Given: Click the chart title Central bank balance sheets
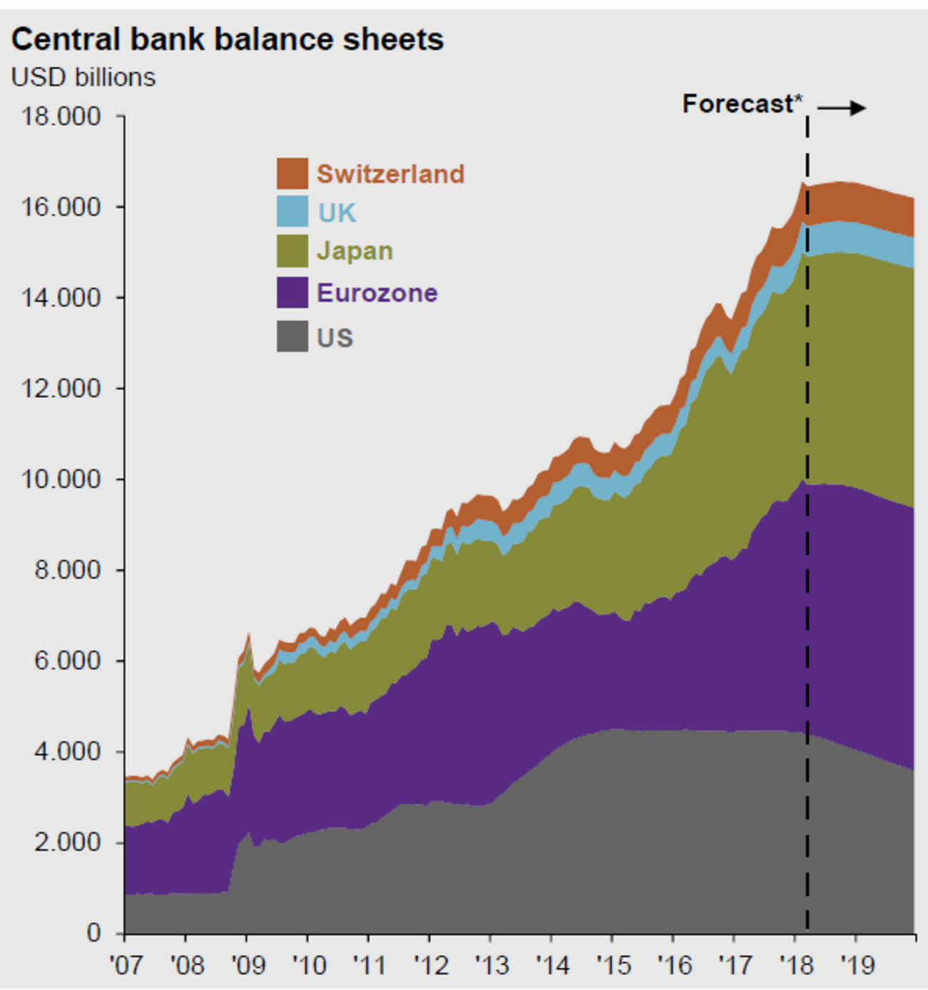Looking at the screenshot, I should coord(227,39).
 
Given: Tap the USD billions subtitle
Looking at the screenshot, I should coord(84,77).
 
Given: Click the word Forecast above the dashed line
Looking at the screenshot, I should coord(738,104).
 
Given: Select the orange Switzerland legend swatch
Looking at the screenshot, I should coord(292,173).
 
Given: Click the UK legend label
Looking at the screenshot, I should coord(336,213).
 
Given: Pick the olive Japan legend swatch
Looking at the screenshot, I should coord(292,251).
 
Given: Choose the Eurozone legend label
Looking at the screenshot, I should coord(377,293).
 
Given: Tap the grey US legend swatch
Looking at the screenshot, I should coord(292,337).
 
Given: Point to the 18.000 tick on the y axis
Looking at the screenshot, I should coord(61,116).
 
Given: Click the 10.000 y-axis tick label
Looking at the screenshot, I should coord(61,479).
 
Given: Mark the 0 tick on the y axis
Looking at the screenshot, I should coord(94,933).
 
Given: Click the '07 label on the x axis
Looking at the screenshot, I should coord(126,965).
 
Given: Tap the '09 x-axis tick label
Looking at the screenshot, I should coord(248,965).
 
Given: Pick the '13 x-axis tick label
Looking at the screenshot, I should coord(491,965).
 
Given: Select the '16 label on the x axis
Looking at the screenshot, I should coord(674,965).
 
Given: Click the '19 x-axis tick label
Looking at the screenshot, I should coord(857,965).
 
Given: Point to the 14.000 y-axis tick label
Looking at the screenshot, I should coord(61,297).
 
